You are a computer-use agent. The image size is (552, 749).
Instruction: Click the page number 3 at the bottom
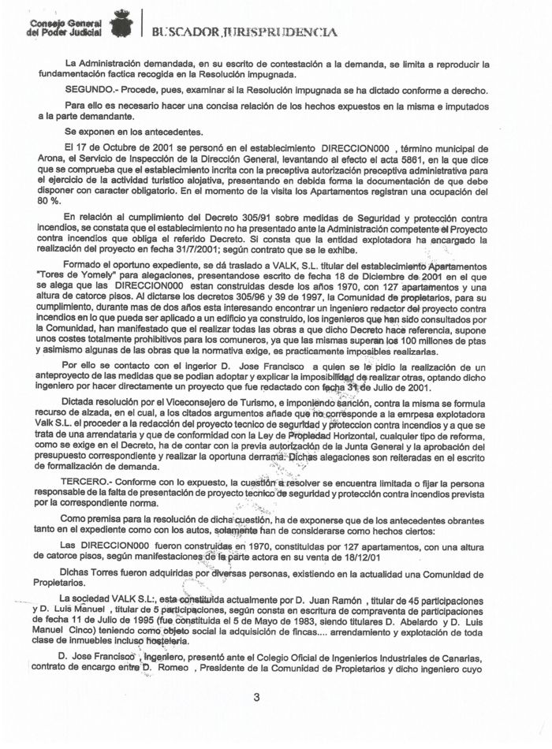255,696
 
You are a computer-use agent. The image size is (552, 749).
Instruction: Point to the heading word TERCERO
88,483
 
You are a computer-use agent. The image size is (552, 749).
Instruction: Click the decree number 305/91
278,218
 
